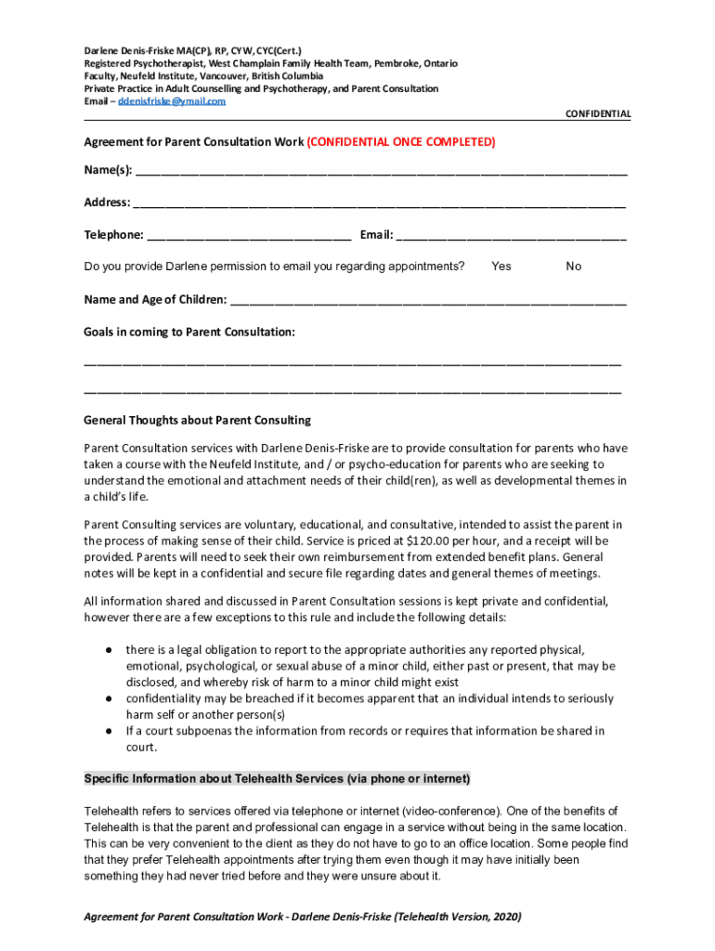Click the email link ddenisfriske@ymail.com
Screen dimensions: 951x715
tap(171, 101)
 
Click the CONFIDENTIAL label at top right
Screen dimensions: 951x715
tap(598, 114)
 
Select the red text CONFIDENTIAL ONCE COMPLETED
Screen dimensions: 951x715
tap(401, 142)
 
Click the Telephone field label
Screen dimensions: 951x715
tap(113, 235)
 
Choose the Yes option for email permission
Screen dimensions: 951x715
tap(501, 267)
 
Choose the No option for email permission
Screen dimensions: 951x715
tap(574, 267)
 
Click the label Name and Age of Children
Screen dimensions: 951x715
tap(154, 299)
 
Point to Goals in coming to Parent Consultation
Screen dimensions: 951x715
tap(189, 332)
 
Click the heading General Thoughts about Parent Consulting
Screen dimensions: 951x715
tap(197, 420)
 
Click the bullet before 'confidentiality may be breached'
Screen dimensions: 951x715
tap(109, 698)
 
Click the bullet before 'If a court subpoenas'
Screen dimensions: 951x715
tap(109, 731)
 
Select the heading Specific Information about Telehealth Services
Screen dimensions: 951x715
tap(277, 778)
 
